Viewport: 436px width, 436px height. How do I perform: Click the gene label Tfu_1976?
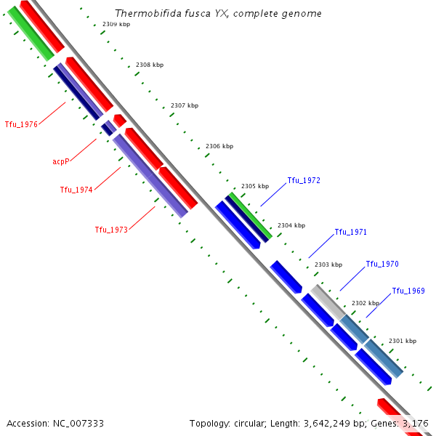[21, 124]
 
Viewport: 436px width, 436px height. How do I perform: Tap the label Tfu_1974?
[76, 190]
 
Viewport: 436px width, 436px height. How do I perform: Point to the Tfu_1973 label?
[111, 230]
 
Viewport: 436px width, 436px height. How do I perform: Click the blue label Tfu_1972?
[304, 180]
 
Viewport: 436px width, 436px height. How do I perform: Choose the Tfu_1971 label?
[350, 233]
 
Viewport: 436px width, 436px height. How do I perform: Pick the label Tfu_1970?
[382, 265]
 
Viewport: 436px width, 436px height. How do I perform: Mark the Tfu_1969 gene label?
[408, 291]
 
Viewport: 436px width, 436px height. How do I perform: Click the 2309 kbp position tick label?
[116, 25]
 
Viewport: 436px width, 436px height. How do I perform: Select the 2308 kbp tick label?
[150, 65]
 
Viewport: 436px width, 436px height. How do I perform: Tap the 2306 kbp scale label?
[219, 146]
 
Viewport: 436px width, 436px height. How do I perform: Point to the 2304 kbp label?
[291, 225]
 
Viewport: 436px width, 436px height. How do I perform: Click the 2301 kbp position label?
[403, 341]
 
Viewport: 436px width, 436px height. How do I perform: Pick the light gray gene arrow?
[327, 301]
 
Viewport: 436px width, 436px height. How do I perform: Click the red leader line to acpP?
[84, 149]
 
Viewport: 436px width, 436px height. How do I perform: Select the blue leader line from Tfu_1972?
[274, 194]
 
